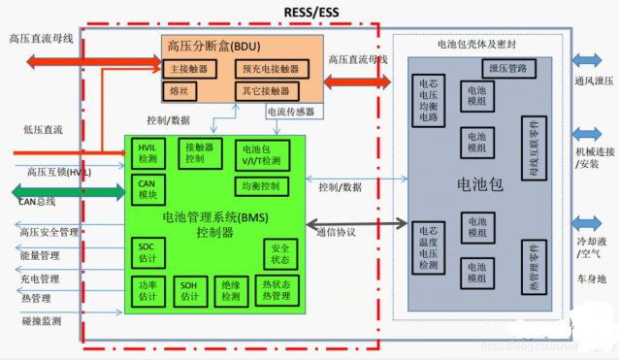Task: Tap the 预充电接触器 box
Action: [x=272, y=69]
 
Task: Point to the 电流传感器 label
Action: [x=290, y=112]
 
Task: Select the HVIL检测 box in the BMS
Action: [x=147, y=152]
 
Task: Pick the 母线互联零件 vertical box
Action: [x=532, y=150]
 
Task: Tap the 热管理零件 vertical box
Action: [x=532, y=268]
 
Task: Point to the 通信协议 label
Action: [x=337, y=232]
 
